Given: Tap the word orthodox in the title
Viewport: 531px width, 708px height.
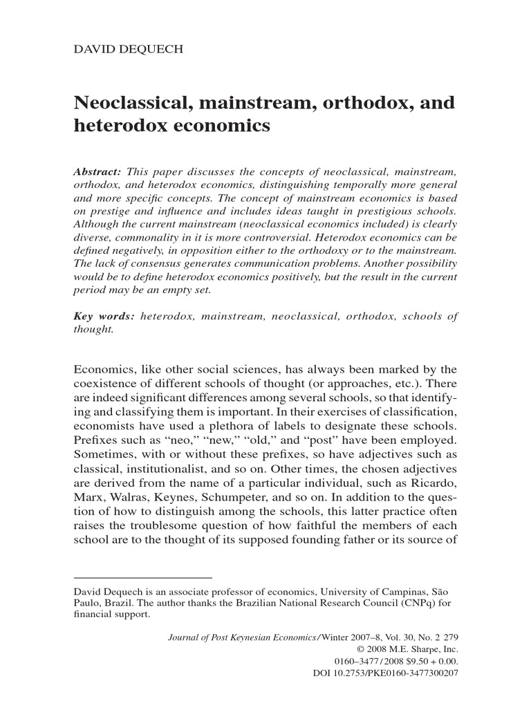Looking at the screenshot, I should tap(360, 104).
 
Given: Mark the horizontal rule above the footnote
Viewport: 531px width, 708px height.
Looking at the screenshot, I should tap(143, 577).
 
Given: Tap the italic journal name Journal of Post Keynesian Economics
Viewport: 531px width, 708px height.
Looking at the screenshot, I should tap(243, 638).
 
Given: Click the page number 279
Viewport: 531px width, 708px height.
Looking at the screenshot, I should tap(451, 638).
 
